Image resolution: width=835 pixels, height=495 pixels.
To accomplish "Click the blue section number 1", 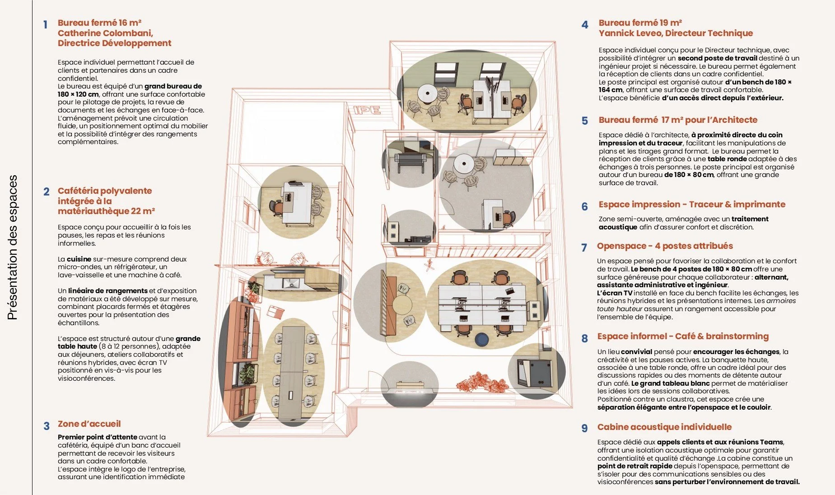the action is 45,24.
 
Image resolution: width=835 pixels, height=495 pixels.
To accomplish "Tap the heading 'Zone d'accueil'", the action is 89,424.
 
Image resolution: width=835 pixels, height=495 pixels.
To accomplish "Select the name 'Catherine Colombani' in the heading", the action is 105,33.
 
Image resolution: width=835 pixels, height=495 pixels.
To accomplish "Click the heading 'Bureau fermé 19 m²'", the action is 640,23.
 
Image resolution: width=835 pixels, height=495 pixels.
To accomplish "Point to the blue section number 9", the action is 584,428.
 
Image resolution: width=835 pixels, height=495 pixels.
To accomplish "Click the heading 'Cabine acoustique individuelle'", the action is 664,427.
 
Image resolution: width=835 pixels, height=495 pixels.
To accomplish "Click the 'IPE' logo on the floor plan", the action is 367,109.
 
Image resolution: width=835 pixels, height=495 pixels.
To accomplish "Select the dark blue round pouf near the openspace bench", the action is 482,339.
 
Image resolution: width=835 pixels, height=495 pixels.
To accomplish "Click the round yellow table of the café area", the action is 402,304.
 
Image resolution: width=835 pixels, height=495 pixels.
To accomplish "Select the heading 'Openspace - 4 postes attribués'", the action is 665,246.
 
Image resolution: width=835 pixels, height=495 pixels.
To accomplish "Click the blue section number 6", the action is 584,206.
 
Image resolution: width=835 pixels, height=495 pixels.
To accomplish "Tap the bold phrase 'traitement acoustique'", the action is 684,223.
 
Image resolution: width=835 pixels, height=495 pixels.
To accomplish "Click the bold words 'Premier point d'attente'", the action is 98,437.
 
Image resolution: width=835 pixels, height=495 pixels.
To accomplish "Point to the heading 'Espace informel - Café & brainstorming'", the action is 683,336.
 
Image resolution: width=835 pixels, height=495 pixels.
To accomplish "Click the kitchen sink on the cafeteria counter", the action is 288,283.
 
